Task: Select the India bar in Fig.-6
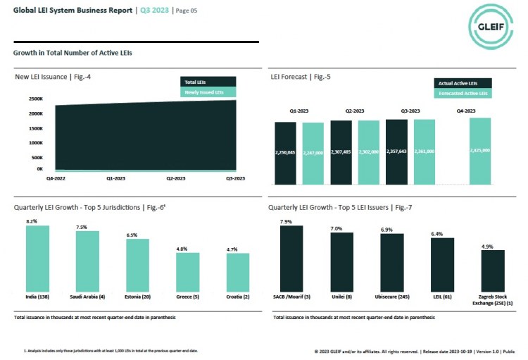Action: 37,259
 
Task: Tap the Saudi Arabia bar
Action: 87,262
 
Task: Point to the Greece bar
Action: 187,273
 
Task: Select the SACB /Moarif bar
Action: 291,259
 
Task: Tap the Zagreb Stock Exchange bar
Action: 492,272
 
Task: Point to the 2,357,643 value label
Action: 396,151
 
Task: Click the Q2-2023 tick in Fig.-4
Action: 175,179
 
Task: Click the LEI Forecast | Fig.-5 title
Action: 303,76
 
